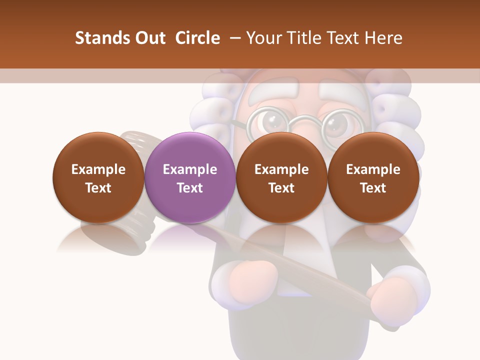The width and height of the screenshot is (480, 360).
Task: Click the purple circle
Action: click(x=190, y=177)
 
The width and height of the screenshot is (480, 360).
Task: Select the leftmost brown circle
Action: click(x=98, y=177)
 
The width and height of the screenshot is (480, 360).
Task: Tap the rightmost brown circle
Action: click(x=373, y=177)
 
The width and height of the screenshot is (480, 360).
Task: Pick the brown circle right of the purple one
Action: click(x=281, y=177)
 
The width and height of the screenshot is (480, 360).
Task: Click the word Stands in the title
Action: click(x=101, y=38)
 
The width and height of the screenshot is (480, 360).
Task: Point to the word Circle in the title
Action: click(x=197, y=38)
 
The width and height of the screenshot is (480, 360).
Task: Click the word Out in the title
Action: click(x=149, y=38)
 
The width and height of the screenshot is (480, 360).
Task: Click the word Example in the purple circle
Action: click(x=190, y=169)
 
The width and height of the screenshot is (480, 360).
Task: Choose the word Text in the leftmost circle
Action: click(x=98, y=188)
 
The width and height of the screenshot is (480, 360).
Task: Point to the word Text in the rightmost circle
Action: click(x=373, y=188)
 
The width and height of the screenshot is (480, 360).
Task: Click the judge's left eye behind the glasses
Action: click(x=272, y=121)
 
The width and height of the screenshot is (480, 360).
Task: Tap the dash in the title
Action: click(x=233, y=38)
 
